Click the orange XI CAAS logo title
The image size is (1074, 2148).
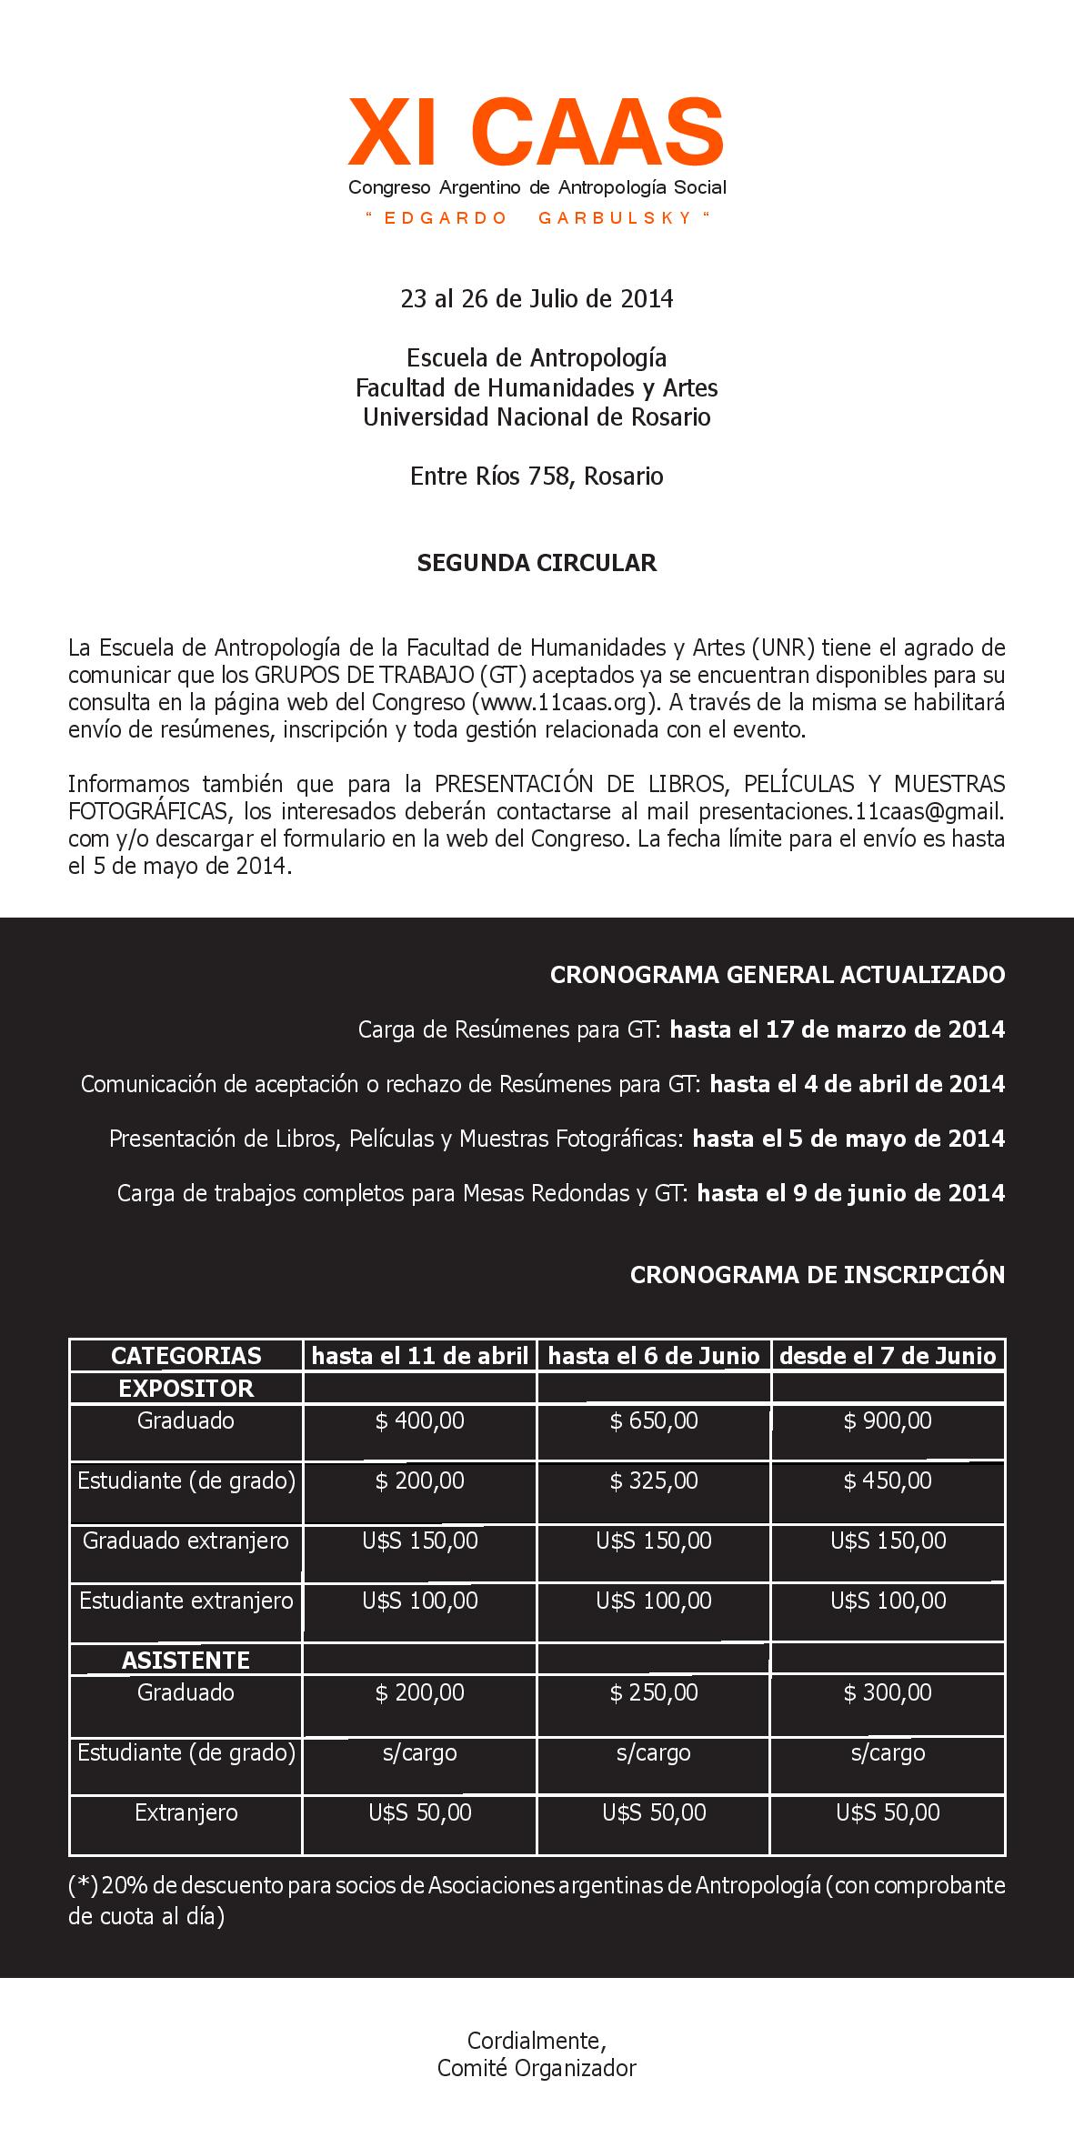pos(537,133)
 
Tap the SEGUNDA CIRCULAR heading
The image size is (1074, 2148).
pos(537,563)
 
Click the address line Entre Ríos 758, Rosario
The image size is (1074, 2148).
pos(537,477)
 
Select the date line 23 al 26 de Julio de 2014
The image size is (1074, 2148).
pos(537,299)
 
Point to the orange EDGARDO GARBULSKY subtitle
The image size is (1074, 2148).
pos(537,218)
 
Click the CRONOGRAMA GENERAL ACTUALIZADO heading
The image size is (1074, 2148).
pos(778,975)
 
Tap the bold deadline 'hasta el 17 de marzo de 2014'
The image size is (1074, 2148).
pos(838,1029)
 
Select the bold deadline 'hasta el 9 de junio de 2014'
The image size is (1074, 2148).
pos(851,1193)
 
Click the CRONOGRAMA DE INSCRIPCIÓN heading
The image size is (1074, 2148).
pos(818,1275)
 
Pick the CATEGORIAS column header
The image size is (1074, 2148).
pos(186,1356)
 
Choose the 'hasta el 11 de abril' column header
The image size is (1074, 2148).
pos(420,1356)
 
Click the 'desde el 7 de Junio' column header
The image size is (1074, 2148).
pos(888,1356)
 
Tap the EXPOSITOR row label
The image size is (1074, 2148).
pos(186,1389)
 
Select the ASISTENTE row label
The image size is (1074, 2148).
pos(186,1661)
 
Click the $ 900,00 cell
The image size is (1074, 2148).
pos(888,1421)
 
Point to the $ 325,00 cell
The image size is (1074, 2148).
pos(654,1481)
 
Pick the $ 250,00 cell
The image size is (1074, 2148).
pos(654,1693)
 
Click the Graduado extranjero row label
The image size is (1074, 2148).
pos(186,1541)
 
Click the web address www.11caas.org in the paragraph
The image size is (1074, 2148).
pos(564,703)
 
